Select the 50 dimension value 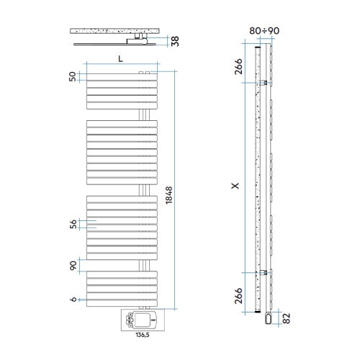coord(72,77)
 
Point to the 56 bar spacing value coord(72,225)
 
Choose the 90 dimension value coord(72,266)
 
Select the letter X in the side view coord(235,185)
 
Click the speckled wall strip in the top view coord(115,32)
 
